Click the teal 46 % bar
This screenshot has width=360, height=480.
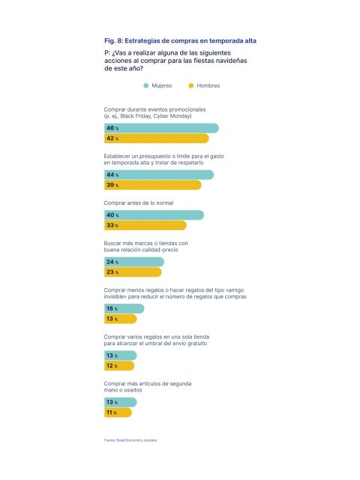click(161, 128)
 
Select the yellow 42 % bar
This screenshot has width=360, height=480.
click(156, 139)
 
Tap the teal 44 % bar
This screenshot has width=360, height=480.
click(158, 175)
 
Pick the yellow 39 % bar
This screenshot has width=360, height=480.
click(152, 185)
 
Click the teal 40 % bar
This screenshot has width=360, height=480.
click(154, 215)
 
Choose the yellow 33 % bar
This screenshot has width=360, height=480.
click(145, 225)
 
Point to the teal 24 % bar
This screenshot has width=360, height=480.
click(133, 262)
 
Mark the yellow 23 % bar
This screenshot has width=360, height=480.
click(133, 272)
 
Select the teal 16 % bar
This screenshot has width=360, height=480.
click(124, 308)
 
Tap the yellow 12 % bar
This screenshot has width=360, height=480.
click(119, 366)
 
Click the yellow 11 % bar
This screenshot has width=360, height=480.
click(118, 412)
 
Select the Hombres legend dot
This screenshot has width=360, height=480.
click(191, 85)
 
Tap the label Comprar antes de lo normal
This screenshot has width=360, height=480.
click(143, 202)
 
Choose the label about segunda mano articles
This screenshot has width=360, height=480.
click(147, 387)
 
